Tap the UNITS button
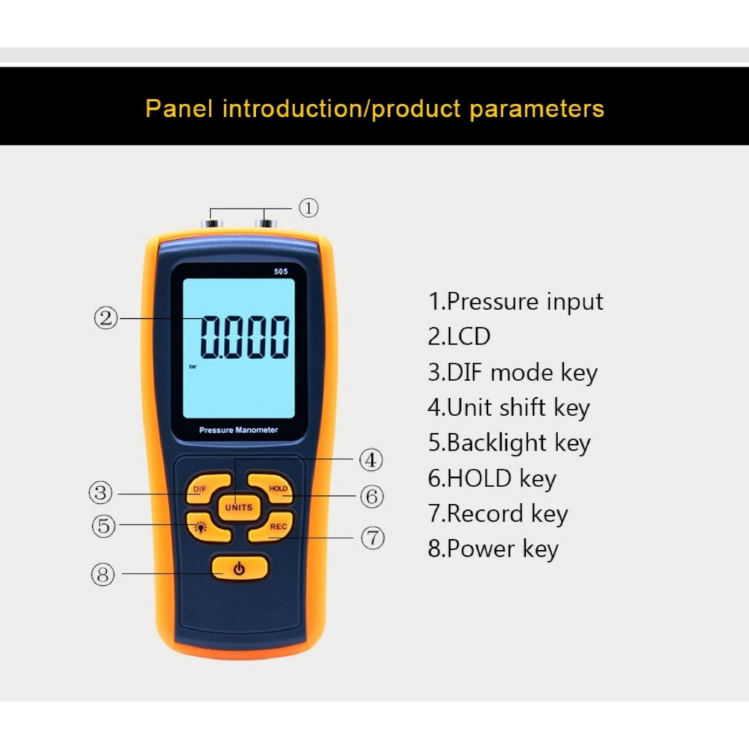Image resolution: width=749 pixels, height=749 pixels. (239, 508)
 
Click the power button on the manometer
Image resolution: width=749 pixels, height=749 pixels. (239, 568)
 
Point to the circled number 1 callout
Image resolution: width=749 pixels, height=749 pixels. (309, 208)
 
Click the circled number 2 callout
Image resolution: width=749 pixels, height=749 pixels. (105, 318)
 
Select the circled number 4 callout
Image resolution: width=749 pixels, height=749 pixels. (371, 460)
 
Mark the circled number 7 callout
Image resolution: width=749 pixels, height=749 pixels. (372, 538)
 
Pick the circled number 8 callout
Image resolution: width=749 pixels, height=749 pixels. (102, 574)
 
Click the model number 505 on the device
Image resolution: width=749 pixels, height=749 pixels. (281, 271)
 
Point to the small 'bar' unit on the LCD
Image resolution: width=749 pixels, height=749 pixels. (193, 366)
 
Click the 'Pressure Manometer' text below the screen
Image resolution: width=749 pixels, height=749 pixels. (238, 430)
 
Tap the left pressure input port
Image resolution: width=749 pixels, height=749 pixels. (211, 223)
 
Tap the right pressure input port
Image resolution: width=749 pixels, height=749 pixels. (266, 223)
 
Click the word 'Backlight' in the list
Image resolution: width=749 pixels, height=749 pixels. (497, 443)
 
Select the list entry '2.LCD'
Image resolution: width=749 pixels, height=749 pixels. (459, 336)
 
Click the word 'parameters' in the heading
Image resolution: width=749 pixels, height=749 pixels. (537, 110)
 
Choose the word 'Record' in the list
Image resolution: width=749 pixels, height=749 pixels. (486, 513)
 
